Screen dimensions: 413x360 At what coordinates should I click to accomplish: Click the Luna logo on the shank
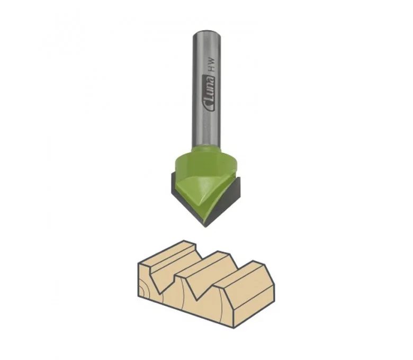tap(209, 93)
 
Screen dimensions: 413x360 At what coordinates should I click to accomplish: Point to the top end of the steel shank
tap(206, 32)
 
